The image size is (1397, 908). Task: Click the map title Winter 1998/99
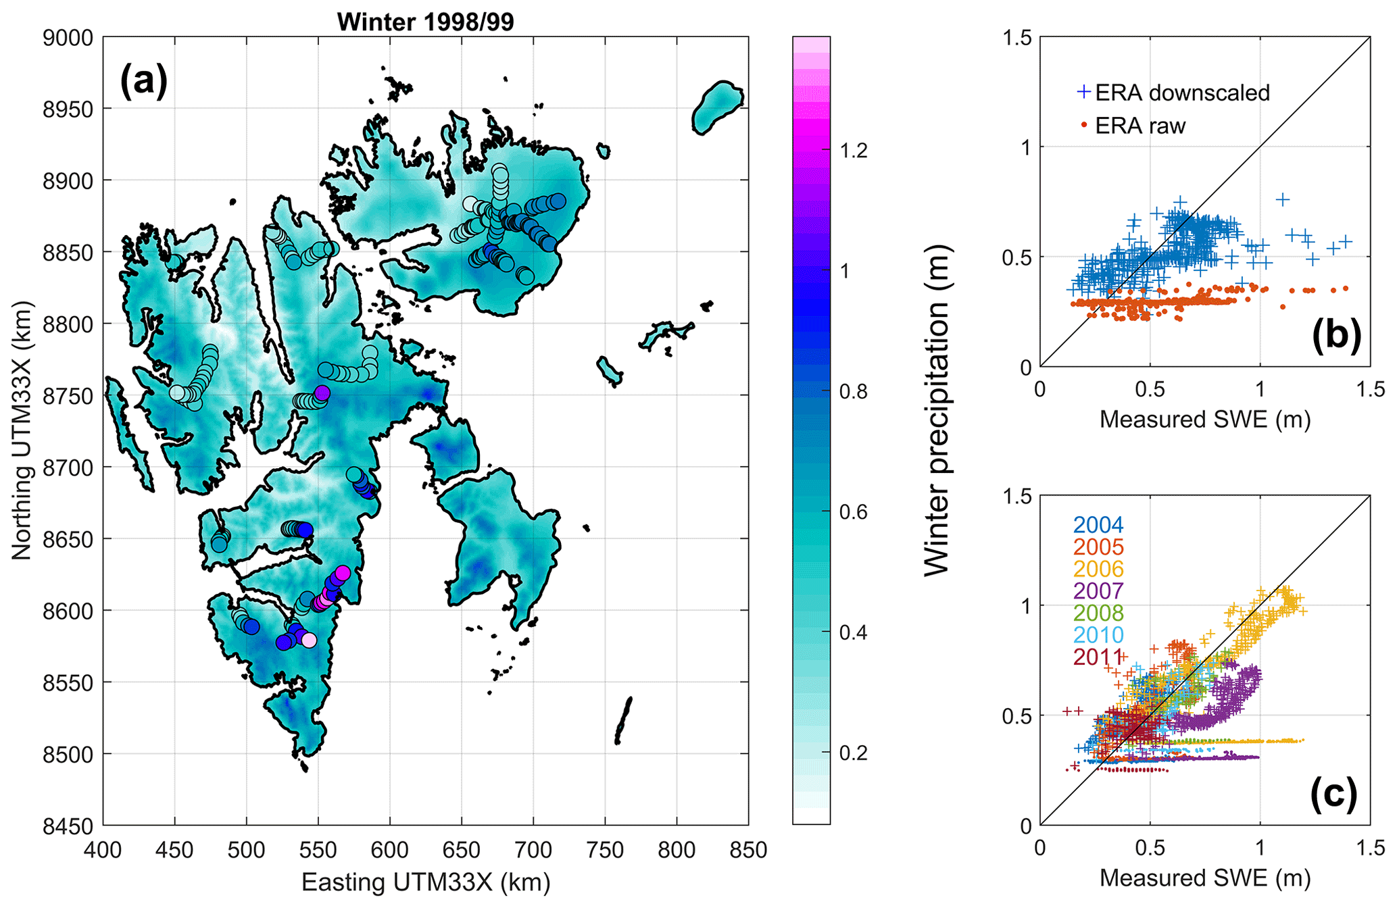(425, 22)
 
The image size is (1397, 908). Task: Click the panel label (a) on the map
(143, 82)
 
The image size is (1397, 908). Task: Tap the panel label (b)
(1335, 334)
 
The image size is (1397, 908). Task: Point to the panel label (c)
(1333, 793)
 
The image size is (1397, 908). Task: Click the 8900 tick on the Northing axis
(68, 181)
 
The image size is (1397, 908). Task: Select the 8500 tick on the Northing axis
(68, 755)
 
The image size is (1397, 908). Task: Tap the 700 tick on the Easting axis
(533, 849)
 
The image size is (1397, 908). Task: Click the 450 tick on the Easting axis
(174, 849)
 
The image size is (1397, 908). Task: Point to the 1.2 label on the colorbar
(853, 151)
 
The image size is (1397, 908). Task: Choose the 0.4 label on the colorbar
(853, 633)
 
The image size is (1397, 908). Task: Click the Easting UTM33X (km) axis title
(425, 882)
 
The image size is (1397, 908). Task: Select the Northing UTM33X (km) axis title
(22, 430)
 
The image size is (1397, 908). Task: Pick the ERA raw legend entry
(1139, 126)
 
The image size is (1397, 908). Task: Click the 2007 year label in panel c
(1098, 591)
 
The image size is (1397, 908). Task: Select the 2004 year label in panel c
(1098, 525)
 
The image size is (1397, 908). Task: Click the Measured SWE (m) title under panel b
(1204, 420)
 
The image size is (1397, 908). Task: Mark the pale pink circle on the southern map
(309, 640)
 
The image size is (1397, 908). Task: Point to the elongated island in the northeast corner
(718, 106)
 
